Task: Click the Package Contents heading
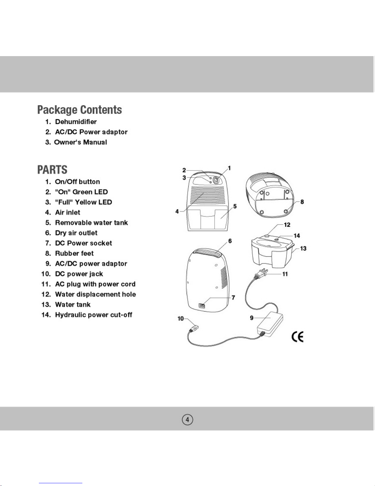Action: [x=80, y=110]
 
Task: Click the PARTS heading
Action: [x=52, y=170]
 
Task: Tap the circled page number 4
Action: [x=187, y=419]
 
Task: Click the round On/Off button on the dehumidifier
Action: [x=216, y=180]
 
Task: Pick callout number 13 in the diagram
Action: [x=303, y=248]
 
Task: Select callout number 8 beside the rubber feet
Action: [x=302, y=202]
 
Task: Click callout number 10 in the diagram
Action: [x=181, y=319]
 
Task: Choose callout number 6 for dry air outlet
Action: [x=230, y=241]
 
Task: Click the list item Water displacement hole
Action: [x=95, y=294]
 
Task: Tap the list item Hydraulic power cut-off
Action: [x=93, y=315]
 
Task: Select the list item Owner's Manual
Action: [x=81, y=142]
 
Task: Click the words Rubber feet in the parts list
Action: [x=74, y=253]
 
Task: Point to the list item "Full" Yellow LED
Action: [x=83, y=202]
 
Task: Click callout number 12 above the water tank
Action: [x=287, y=225]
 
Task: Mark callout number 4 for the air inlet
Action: [x=177, y=212]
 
